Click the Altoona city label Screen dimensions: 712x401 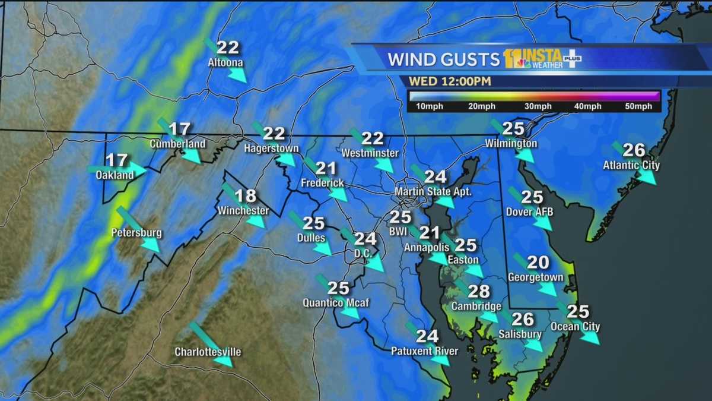coord(225,62)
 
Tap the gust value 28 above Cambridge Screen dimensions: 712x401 coord(479,291)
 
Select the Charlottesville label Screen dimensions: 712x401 coord(208,352)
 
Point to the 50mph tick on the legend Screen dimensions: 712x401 coord(638,107)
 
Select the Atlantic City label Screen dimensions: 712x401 coord(631,165)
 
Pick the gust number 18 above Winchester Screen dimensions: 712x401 coord(245,195)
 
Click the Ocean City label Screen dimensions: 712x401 coord(575,327)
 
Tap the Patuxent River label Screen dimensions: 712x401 coord(424,351)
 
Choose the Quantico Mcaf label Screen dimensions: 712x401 coord(336,303)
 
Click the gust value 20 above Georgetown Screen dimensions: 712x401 coord(538,262)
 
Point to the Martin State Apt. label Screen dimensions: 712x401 coord(433,192)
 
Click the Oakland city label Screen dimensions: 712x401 coord(115,175)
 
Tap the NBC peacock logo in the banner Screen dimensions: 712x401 coord(523,62)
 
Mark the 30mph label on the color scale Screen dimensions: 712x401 coord(538,107)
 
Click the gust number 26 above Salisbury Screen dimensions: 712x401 coord(522,319)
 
